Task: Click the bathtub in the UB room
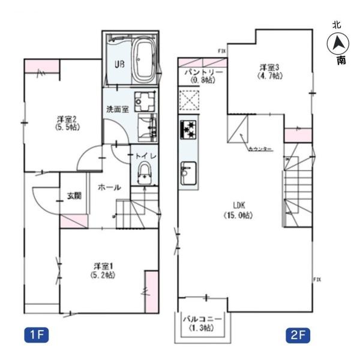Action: coord(142,61)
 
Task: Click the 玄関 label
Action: coord(74,196)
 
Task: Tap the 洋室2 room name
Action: coord(58,119)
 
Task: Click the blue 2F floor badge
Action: coord(295,334)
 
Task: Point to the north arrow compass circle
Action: coord(337,43)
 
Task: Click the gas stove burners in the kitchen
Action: coord(188,130)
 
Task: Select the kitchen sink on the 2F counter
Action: coord(188,172)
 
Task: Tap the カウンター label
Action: coord(259,148)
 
